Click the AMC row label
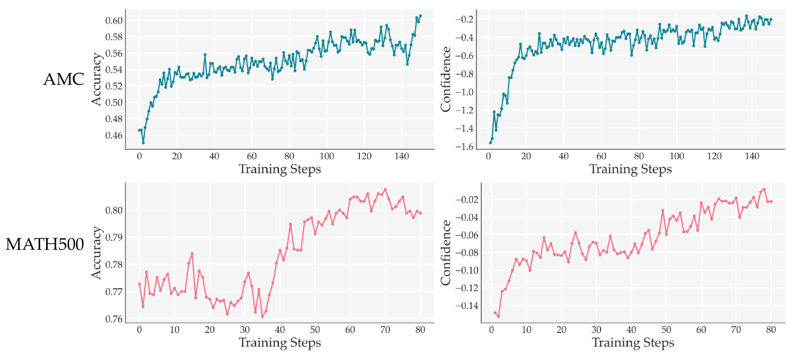pos(63,79)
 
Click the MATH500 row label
pos(45,244)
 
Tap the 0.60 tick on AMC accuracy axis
pos(114,20)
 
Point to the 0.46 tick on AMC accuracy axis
pos(114,135)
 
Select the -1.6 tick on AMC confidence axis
pos(464,146)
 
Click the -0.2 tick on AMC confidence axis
pos(464,19)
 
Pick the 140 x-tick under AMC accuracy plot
pos(402,156)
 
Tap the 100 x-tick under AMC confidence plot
pos(677,156)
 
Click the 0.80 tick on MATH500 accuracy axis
pos(114,210)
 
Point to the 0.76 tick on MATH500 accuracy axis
pos(114,319)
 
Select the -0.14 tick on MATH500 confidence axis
pos(466,306)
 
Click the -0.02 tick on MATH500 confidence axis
pos(466,200)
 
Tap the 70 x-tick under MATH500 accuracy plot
pos(385,329)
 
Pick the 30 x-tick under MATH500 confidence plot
pos(596,329)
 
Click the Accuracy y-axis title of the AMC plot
pos(97,79)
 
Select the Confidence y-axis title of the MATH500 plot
pos(446,252)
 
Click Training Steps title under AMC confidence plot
pos(630,169)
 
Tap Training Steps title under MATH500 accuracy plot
pos(279,343)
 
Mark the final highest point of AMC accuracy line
pos(420,16)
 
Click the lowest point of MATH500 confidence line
pos(498,316)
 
